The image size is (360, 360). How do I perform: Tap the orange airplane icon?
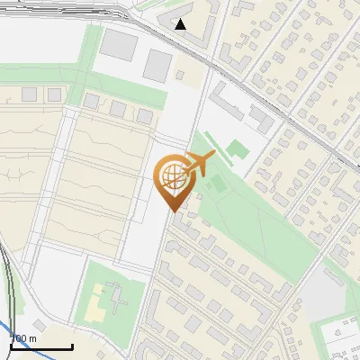200,163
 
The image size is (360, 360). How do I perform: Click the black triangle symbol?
181,24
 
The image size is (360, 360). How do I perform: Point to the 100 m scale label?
23,338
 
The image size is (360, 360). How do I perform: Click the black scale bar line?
41,346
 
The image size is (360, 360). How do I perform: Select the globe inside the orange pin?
172,176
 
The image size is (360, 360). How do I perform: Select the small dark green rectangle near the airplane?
215,186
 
